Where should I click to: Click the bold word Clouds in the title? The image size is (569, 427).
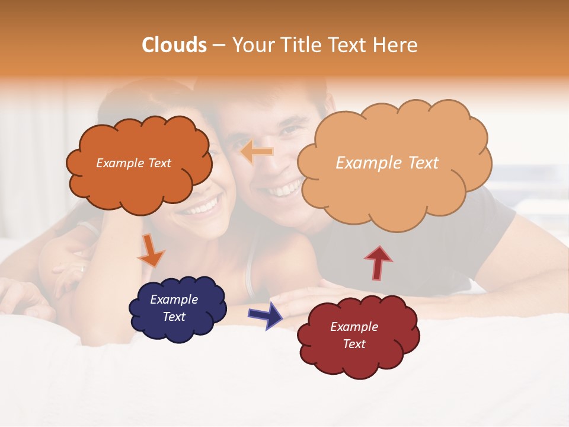point(174,45)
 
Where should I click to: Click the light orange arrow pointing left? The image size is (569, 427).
point(257,152)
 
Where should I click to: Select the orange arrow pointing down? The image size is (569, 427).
point(151,251)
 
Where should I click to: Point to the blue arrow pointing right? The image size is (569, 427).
point(266,315)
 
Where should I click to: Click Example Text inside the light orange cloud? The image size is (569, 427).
point(387,163)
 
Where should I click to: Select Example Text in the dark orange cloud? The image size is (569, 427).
point(133,163)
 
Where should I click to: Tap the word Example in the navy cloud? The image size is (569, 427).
point(174,299)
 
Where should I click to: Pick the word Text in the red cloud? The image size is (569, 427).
point(354,344)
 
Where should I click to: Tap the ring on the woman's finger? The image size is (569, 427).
point(82,268)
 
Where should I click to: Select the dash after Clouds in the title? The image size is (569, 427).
point(219,46)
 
